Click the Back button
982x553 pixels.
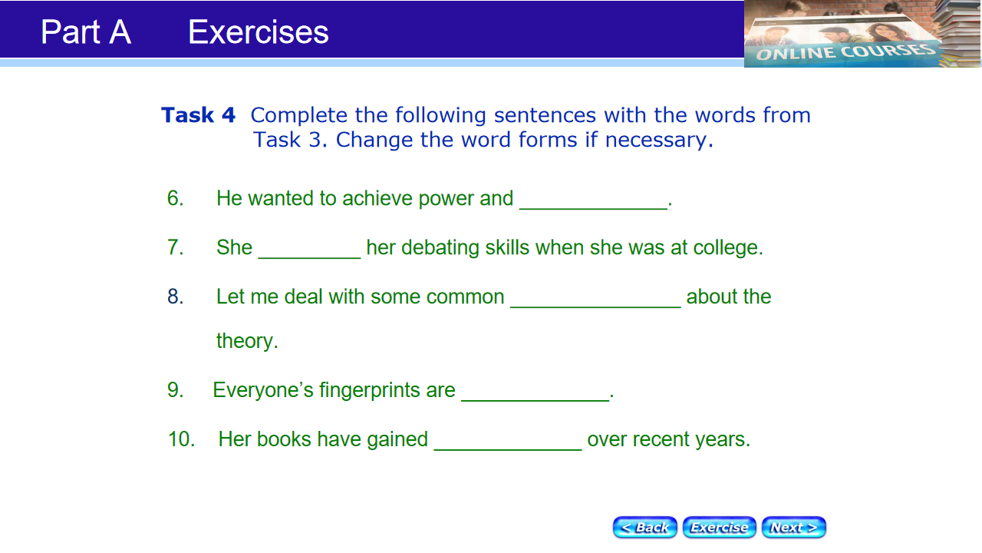(x=645, y=527)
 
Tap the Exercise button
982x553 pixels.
(x=720, y=527)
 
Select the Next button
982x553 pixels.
(x=794, y=527)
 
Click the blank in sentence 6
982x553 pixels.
(x=594, y=208)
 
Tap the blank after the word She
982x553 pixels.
(x=309, y=257)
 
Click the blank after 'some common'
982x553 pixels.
(x=596, y=306)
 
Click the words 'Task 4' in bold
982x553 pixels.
(x=199, y=115)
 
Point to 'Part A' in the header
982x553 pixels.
(x=86, y=31)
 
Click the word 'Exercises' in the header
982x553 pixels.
(x=259, y=32)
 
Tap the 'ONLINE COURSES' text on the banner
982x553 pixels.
(x=845, y=52)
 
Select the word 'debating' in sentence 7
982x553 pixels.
(x=440, y=247)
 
